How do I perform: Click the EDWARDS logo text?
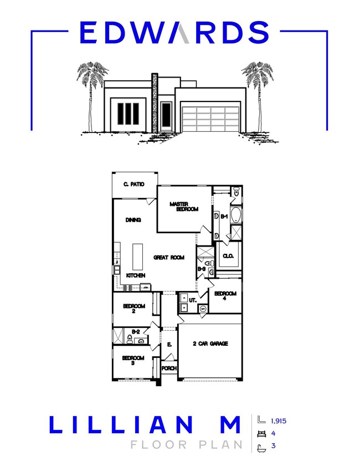174,33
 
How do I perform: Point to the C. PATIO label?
133,184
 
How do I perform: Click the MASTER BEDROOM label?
183,207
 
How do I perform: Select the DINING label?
133,220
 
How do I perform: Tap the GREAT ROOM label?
169,257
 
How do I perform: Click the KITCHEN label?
136,275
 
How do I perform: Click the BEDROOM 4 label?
225,296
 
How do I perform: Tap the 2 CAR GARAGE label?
211,344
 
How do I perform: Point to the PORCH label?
168,368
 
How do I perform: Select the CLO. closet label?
228,256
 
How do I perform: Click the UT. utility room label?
193,300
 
